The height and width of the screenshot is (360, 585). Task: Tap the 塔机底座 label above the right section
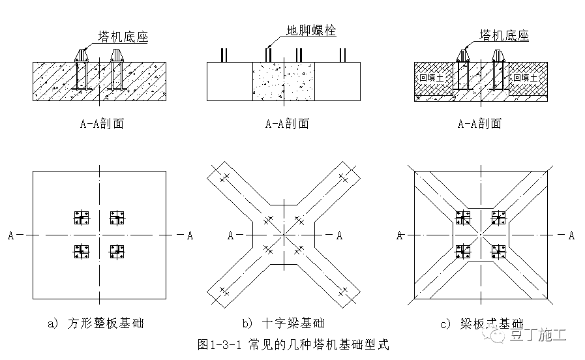[x=503, y=35]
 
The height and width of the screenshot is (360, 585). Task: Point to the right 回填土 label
[x=525, y=78]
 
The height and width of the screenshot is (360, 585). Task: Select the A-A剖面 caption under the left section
[x=100, y=123]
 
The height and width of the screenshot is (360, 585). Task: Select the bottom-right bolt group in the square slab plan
[x=117, y=251]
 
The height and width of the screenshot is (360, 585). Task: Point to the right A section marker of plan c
[x=571, y=235]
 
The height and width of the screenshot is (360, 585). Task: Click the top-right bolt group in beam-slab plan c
[x=498, y=218]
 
